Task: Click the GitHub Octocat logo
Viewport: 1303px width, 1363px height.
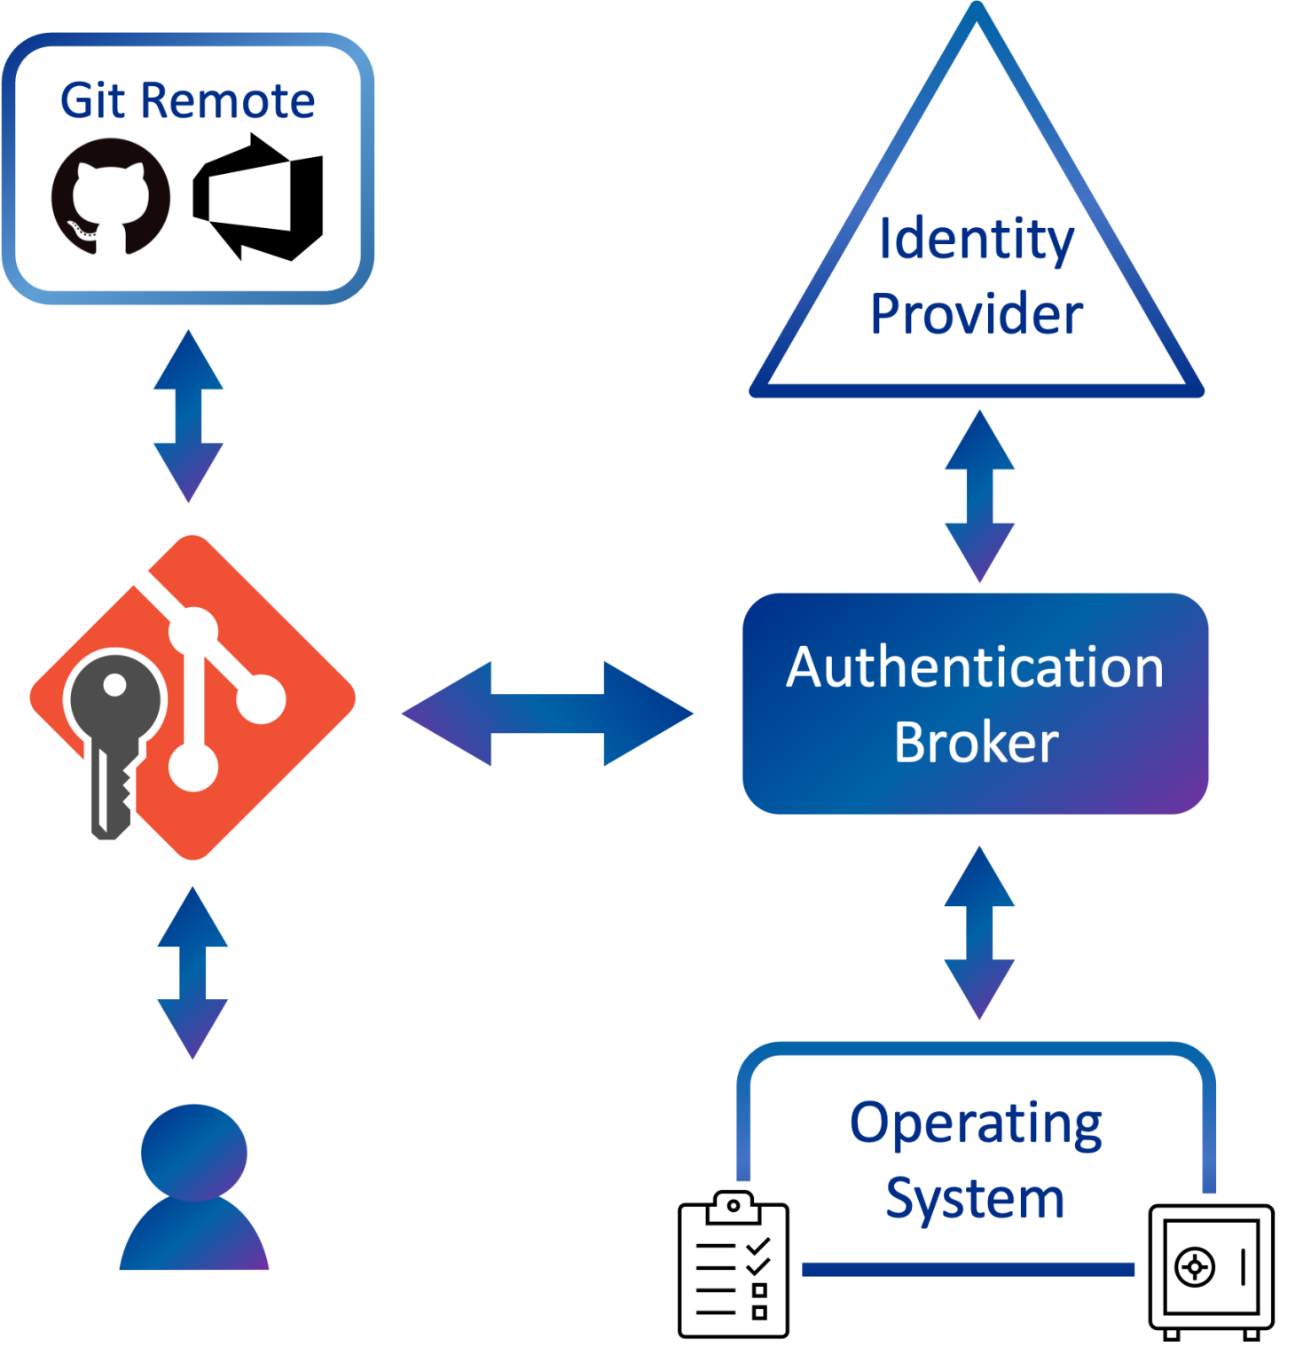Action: (x=111, y=196)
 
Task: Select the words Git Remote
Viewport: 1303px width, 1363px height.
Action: (x=187, y=100)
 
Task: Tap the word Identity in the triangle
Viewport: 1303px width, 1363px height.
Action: (x=976, y=240)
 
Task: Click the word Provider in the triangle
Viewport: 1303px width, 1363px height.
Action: (x=976, y=314)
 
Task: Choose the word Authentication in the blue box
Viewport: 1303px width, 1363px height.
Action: (x=975, y=667)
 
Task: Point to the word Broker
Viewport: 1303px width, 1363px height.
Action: (x=976, y=743)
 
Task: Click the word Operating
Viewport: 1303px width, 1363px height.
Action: (x=976, y=1123)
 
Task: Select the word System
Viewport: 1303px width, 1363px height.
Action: (x=975, y=1199)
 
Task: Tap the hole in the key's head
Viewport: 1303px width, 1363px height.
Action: (x=114, y=684)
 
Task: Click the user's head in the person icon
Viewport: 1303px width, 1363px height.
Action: (x=194, y=1152)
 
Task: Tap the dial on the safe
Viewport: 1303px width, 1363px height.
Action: (x=1194, y=1266)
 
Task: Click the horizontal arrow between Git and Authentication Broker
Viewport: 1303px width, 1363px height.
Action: (x=547, y=713)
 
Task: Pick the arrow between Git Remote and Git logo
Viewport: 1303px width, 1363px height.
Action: (x=188, y=416)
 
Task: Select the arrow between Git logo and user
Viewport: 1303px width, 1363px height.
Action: (x=192, y=973)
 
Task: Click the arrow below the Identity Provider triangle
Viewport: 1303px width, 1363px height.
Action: (x=979, y=496)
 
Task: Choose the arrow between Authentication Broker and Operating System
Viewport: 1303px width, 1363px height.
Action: (x=979, y=933)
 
